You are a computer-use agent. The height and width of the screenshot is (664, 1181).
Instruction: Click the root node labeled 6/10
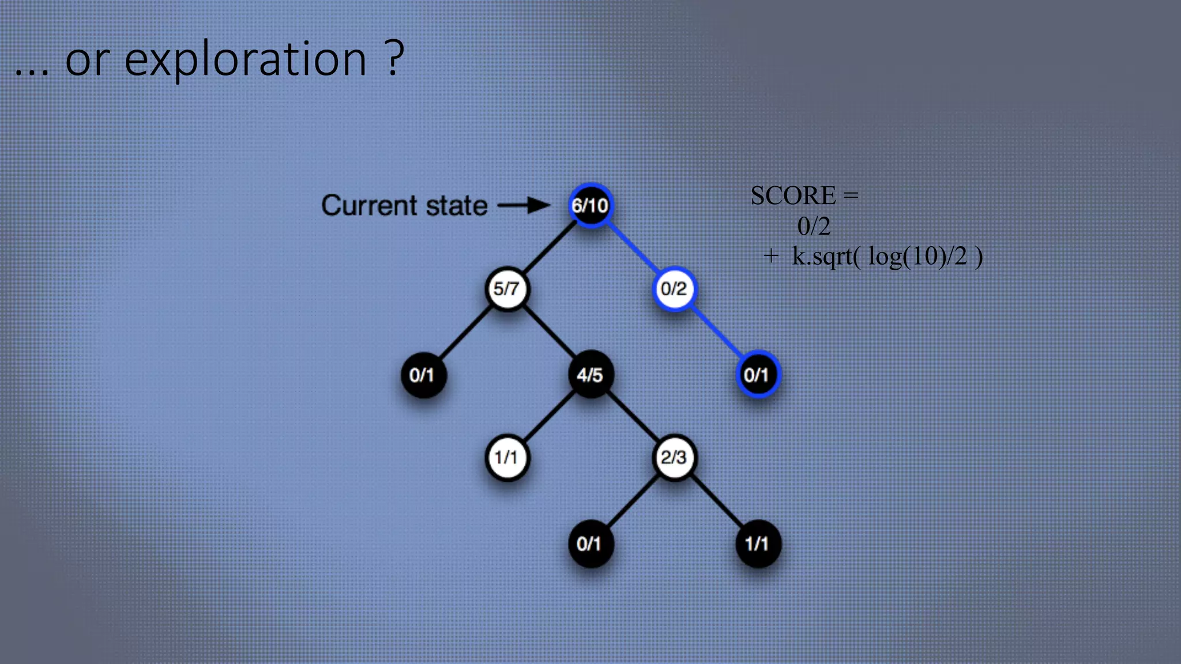pos(590,205)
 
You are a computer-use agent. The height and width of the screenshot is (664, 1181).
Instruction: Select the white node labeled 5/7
pos(506,288)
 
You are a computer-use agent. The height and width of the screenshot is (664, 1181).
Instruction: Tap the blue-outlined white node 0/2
pos(674,288)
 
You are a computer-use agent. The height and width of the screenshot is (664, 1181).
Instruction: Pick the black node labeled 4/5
pos(590,375)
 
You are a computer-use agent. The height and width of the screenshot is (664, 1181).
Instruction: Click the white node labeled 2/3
pos(674,458)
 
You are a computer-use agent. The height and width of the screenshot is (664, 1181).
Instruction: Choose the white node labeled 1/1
pos(506,458)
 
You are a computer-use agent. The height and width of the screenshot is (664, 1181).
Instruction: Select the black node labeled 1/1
pos(757,544)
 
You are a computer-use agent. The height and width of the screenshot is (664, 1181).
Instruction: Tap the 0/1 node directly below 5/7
pos(423,375)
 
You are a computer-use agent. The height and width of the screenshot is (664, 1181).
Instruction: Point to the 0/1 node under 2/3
pos(590,544)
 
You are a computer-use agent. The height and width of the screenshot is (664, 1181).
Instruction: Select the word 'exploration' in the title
pos(245,59)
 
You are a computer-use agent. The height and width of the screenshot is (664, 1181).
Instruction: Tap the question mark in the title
pos(394,58)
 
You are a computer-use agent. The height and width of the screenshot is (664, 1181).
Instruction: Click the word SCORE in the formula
pos(793,196)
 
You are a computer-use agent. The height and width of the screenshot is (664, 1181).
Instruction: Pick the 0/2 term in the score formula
pos(814,227)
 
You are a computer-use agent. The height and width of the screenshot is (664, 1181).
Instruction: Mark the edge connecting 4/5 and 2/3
pos(632,417)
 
